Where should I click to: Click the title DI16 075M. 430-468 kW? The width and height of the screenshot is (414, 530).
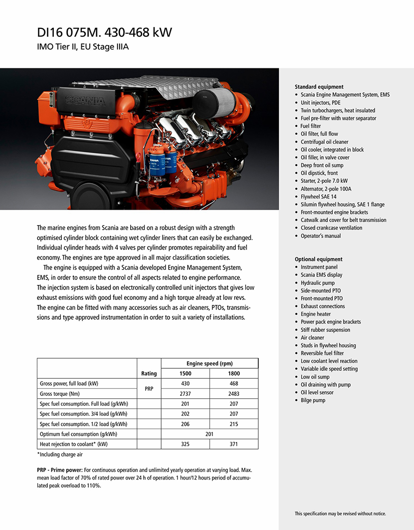tap(104, 33)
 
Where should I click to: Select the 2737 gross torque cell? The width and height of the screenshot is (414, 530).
tap(186, 394)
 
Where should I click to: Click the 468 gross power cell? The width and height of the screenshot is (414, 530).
tap(234, 384)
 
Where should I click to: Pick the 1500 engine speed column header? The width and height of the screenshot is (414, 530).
tap(186, 373)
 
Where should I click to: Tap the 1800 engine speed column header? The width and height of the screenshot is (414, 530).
tap(234, 373)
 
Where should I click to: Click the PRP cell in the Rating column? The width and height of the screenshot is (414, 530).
tap(149, 389)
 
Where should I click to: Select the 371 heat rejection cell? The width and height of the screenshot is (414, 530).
tap(234, 444)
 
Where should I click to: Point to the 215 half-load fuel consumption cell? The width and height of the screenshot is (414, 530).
tap(234, 424)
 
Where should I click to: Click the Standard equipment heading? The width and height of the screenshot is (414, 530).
tap(319, 87)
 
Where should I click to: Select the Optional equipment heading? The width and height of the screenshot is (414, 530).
tap(318, 260)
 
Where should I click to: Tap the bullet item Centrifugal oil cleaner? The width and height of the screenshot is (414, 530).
tap(325, 142)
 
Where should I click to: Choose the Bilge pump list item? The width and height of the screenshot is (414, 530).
tap(313, 400)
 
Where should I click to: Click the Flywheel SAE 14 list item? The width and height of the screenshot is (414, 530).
tap(319, 197)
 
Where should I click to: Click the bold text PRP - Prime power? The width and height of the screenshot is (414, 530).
tap(60, 470)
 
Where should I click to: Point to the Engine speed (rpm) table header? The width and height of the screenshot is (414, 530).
tap(209, 363)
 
